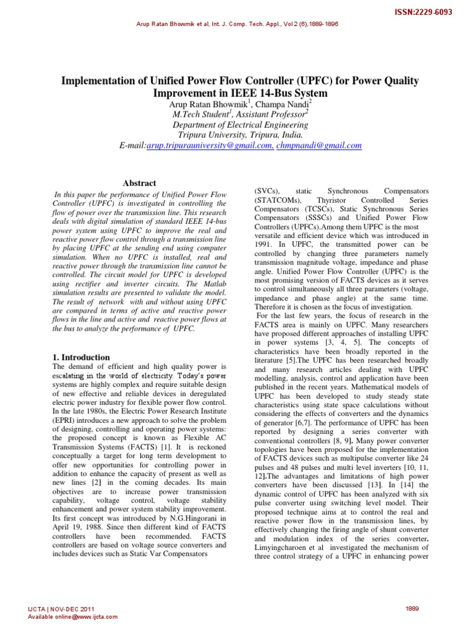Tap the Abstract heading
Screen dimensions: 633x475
click(x=140, y=183)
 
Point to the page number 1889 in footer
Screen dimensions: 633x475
click(x=412, y=608)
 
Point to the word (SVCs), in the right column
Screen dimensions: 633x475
click(x=268, y=192)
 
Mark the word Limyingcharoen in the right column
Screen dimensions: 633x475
click(x=283, y=548)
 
